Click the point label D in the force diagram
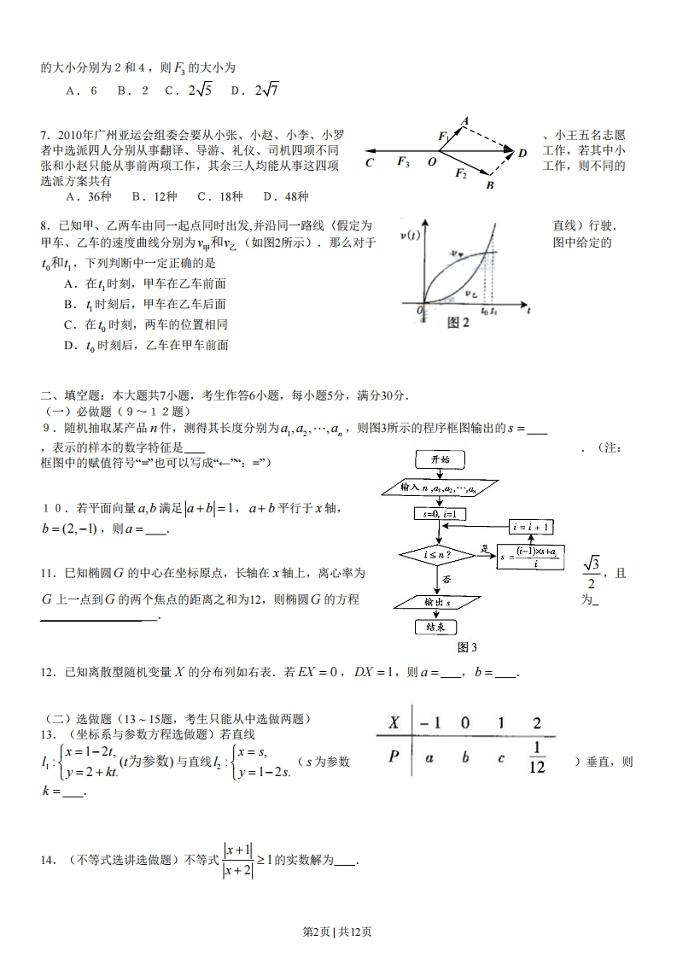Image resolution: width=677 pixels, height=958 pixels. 522,152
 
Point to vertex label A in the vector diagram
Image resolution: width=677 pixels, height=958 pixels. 464,121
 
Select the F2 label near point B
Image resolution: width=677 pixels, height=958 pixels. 461,174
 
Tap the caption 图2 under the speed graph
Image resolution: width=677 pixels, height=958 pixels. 458,323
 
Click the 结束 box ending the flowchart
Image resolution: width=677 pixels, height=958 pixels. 439,627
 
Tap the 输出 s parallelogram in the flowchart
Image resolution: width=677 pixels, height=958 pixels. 439,601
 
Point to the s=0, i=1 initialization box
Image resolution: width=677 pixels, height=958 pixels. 439,514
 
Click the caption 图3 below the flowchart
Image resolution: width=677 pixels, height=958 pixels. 467,646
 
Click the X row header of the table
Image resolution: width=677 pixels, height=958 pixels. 394,723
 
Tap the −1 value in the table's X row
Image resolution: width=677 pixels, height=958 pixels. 430,723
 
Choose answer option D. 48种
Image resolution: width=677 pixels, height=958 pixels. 286,196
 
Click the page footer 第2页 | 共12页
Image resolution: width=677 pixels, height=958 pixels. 338,932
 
